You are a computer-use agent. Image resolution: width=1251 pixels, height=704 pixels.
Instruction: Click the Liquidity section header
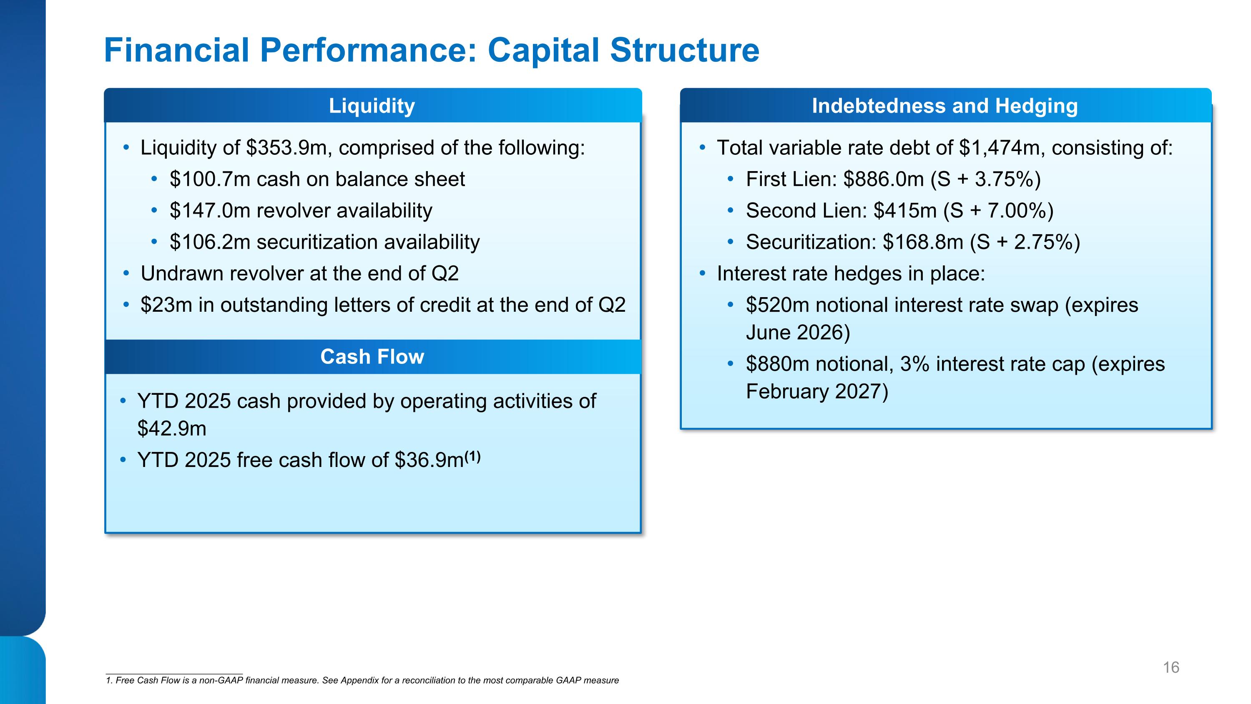(x=372, y=106)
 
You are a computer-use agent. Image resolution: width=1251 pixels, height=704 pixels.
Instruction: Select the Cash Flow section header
(x=372, y=357)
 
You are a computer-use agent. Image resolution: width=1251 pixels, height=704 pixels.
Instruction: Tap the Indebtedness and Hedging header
(x=945, y=106)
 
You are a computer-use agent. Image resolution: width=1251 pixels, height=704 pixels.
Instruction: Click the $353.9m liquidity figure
(x=289, y=148)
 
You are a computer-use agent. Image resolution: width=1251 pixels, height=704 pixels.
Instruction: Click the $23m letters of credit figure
(x=166, y=305)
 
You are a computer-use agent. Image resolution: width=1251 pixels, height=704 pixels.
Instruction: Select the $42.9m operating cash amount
(x=172, y=429)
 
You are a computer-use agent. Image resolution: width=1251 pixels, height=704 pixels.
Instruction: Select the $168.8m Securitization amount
(x=923, y=242)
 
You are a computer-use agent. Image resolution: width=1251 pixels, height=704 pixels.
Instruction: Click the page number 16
(x=1171, y=668)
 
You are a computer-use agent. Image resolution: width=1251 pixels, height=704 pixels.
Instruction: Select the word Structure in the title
(x=684, y=50)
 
